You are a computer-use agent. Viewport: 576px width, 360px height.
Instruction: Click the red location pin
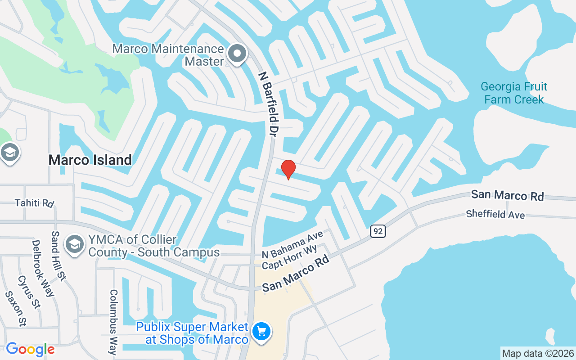point(288,170)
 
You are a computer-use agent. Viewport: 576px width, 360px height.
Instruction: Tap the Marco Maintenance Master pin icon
point(237,54)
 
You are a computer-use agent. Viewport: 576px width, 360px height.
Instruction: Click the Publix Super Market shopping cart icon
point(261,332)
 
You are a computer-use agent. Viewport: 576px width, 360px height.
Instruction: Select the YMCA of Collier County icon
point(73,245)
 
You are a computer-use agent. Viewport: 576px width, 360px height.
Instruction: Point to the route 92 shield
point(378,231)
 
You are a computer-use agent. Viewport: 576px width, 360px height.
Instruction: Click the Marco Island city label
point(90,160)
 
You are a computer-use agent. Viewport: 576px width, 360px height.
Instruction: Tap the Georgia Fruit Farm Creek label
point(514,93)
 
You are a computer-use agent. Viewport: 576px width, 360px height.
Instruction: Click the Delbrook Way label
point(43,268)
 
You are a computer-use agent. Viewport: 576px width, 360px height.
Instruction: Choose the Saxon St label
point(16,308)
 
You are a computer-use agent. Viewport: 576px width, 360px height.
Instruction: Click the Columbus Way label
point(113,322)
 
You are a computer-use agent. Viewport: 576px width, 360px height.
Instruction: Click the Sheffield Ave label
point(495,214)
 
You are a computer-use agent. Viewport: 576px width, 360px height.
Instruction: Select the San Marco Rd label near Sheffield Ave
point(507,195)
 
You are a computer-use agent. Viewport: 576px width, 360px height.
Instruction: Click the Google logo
point(30,349)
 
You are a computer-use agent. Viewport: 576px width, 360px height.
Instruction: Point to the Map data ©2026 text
point(538,353)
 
